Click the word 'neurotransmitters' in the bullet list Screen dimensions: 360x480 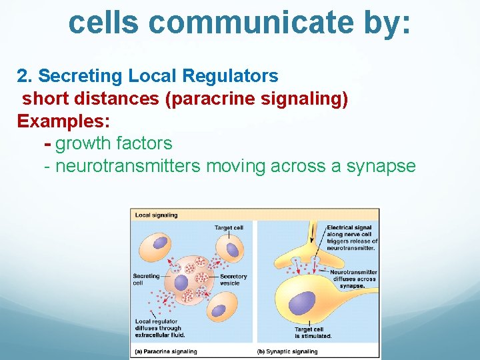[127, 166]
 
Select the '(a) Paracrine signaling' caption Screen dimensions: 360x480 [166, 351]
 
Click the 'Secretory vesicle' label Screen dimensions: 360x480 [233, 280]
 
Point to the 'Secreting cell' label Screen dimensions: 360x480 [146, 279]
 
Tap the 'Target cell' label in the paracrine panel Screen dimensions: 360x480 [229, 228]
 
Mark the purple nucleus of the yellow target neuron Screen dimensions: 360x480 [301, 301]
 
